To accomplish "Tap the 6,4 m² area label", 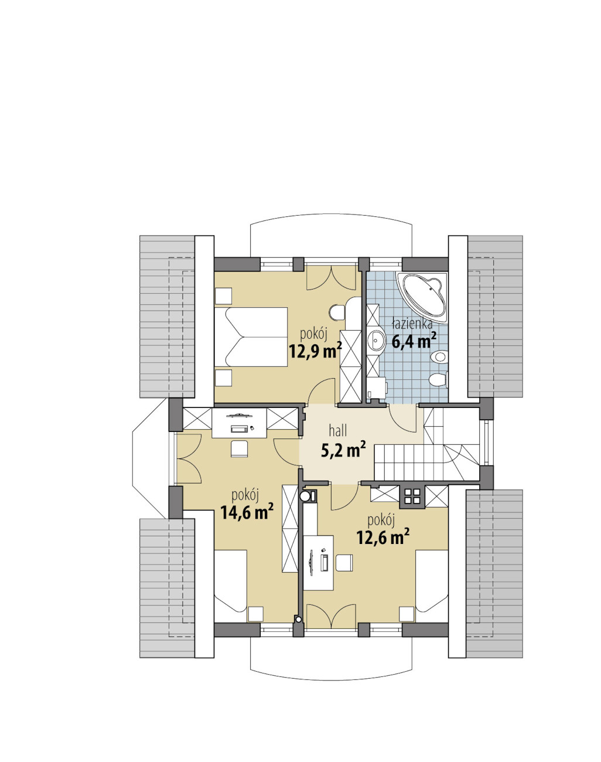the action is coord(414,342).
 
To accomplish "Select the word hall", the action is coord(337,431).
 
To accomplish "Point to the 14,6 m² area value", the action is coord(247,511).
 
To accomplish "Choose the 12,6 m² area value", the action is coord(383,538).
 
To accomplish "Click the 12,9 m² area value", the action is coord(315,351).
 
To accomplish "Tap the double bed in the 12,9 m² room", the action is coord(251,336).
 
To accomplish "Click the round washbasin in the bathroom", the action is coord(376,341).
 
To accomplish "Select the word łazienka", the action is coord(412,324).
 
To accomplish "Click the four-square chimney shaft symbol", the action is coord(412,495).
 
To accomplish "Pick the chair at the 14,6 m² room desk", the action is coord(240,448).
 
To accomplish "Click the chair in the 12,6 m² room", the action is coord(344,563).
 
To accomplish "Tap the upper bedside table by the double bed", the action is coord(223,296).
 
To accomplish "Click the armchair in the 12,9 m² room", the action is coord(337,312).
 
